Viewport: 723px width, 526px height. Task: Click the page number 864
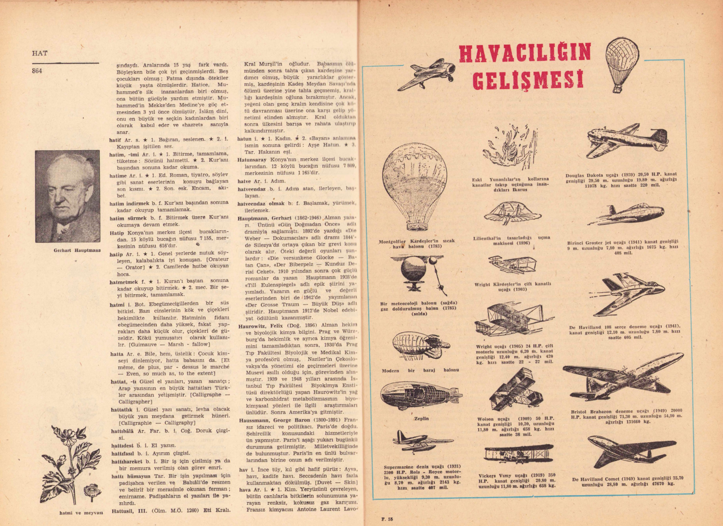[37, 71]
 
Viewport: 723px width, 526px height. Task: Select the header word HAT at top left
[40, 53]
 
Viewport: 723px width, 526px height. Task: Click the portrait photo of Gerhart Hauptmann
[67, 196]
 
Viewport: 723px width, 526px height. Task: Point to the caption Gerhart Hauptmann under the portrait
[77, 250]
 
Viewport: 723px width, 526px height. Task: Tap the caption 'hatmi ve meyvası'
[81, 513]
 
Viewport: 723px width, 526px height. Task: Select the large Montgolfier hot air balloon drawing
[415, 185]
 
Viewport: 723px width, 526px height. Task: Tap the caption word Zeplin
[421, 419]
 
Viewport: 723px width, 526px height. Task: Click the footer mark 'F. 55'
[387, 519]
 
